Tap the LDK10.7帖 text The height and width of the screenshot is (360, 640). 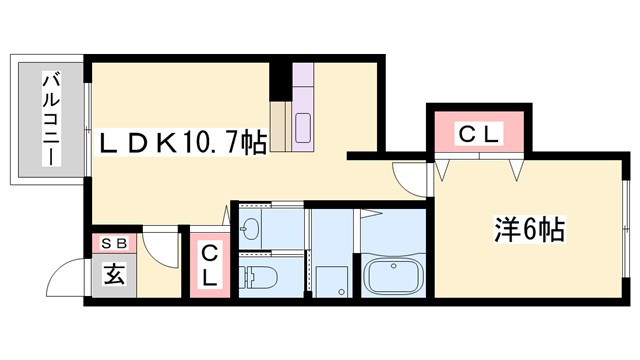(181, 144)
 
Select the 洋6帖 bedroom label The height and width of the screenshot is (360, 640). (529, 231)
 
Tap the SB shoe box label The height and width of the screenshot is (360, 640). (111, 243)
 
